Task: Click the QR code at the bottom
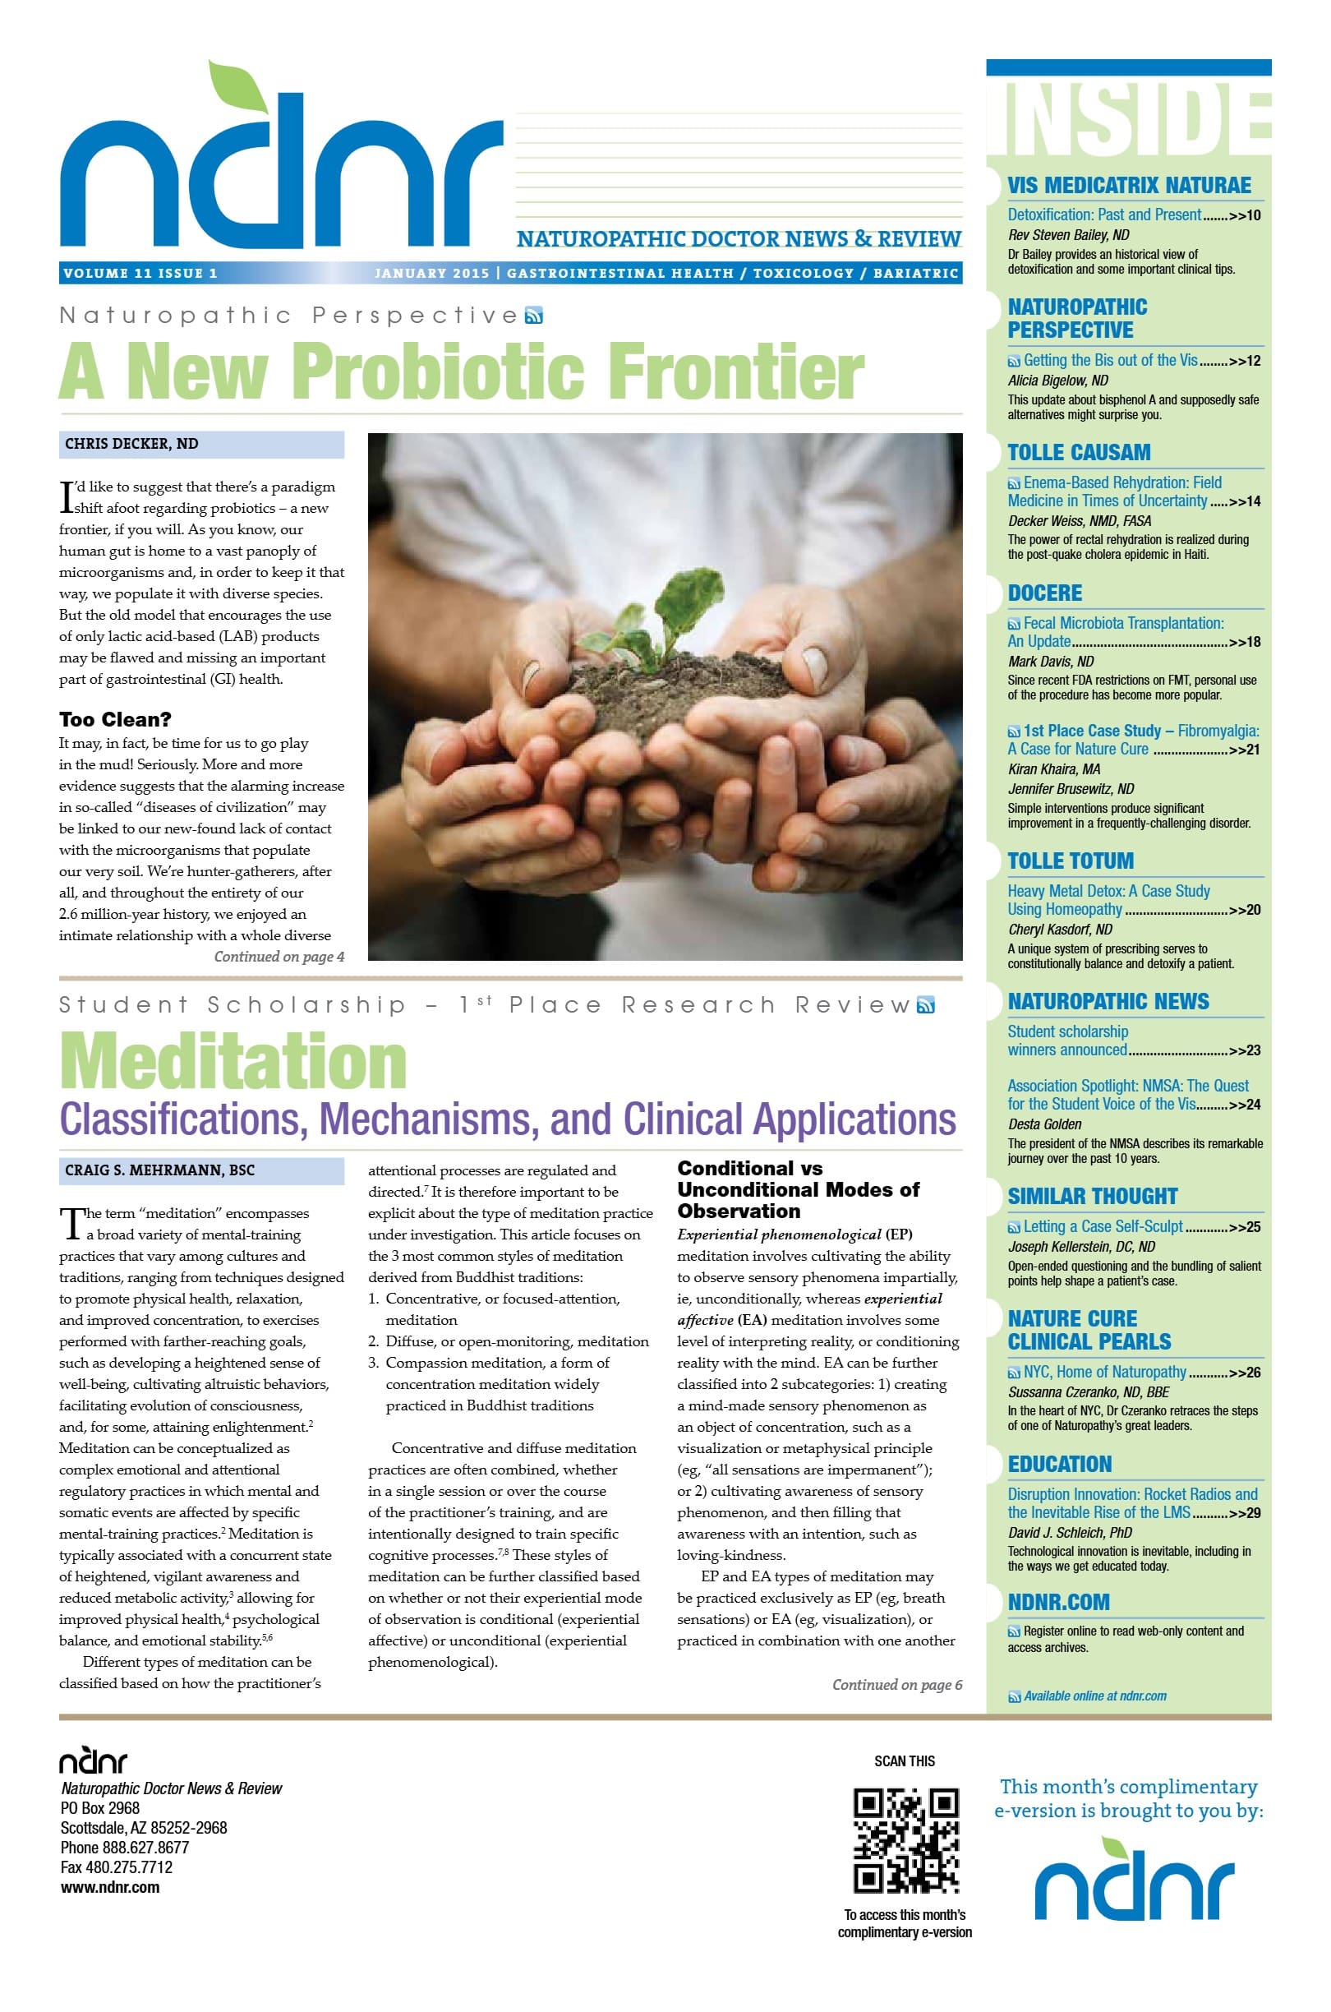[905, 1840]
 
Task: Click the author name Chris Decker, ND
[131, 443]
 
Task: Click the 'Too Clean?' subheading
[116, 719]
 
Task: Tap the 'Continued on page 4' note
[279, 957]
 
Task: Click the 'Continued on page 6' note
[896, 1684]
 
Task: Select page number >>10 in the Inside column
[1246, 215]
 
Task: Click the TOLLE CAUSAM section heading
[1079, 453]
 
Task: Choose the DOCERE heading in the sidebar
[1045, 593]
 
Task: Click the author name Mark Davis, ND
[1051, 662]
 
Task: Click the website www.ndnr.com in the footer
[110, 1887]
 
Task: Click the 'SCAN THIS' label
[905, 1761]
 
